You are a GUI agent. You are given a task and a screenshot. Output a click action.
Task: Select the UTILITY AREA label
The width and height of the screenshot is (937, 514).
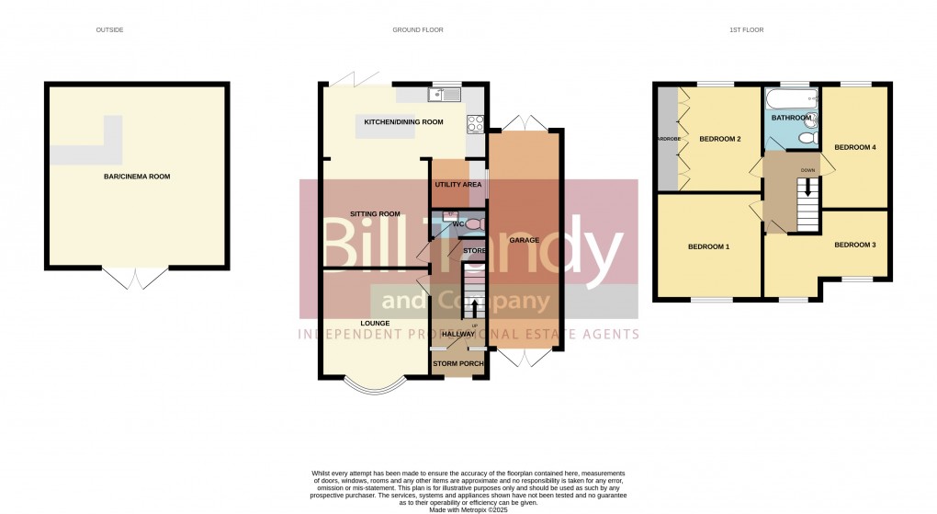pyautogui.click(x=457, y=185)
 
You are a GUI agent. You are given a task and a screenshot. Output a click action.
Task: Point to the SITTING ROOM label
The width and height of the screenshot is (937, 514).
pyautogui.click(x=376, y=214)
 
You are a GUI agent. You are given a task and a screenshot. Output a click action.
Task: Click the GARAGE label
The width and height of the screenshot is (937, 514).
pyautogui.click(x=525, y=240)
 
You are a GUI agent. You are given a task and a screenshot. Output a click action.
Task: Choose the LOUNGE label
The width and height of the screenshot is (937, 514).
pyautogui.click(x=375, y=323)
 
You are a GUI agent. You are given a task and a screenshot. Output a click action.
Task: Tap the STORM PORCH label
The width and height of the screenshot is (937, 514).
pyautogui.click(x=458, y=364)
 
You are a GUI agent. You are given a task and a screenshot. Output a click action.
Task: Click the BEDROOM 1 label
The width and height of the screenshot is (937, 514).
pyautogui.click(x=708, y=246)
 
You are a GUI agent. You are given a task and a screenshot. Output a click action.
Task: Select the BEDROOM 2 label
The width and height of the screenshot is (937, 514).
pyautogui.click(x=719, y=140)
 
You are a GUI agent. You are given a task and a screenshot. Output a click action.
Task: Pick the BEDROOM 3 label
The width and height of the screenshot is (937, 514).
pyautogui.click(x=854, y=246)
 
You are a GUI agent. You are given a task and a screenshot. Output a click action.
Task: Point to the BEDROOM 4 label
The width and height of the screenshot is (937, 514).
pyautogui.click(x=854, y=147)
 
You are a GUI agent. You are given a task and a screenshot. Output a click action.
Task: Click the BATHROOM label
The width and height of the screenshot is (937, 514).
pyautogui.click(x=791, y=118)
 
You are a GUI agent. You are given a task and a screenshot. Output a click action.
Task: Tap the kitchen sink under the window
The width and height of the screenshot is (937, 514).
pyautogui.click(x=443, y=94)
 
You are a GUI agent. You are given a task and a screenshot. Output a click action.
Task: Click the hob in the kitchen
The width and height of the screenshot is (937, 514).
pyautogui.click(x=476, y=122)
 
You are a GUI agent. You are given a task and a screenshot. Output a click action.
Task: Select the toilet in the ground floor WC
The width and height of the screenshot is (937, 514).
pyautogui.click(x=473, y=224)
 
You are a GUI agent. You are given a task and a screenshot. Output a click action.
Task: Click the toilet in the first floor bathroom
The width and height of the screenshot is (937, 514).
pyautogui.click(x=807, y=138)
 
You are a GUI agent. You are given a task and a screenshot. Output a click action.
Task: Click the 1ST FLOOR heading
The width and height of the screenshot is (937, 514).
pyautogui.click(x=746, y=30)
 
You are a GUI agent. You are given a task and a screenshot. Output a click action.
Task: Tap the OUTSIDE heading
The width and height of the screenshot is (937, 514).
pyautogui.click(x=109, y=30)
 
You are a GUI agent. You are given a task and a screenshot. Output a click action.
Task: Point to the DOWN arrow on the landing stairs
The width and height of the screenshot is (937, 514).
pyautogui.click(x=808, y=187)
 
